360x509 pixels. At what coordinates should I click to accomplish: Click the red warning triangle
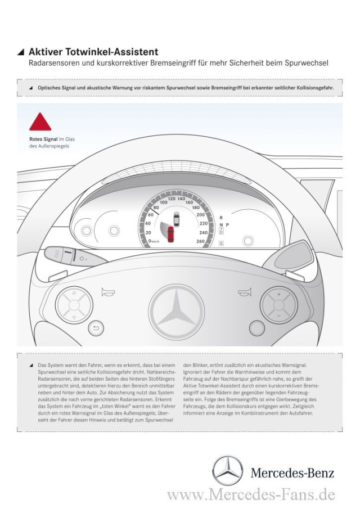pos(40,123)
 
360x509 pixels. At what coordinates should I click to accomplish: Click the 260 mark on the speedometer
pos(201,241)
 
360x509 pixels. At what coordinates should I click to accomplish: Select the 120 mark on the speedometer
pos(172,199)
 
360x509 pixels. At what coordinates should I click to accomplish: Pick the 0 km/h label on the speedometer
pos(154,241)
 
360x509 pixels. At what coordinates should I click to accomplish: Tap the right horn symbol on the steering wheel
pos(244,291)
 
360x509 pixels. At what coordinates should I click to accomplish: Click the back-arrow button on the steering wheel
pos(96,328)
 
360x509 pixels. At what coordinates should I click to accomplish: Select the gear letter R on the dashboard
pos(221,217)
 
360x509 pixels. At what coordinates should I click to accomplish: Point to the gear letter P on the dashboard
pos(227,224)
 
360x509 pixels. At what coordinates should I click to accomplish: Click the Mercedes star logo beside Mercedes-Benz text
pos(228,471)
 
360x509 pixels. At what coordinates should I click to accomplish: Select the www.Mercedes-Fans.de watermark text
pos(251,496)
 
